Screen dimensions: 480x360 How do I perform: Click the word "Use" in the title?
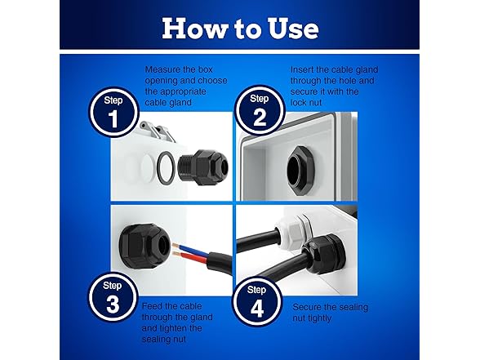pos(293,28)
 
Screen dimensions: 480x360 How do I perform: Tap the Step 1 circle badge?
pos(113,112)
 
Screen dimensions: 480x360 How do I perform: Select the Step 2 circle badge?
pos(260,109)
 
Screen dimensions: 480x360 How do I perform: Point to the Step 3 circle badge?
pos(113,296)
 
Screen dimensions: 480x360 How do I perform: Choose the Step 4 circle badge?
pos(257,301)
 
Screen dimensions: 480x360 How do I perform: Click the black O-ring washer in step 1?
pos(167,167)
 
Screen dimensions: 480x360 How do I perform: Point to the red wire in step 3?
pos(189,256)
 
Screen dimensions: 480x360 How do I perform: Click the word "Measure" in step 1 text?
pos(164,69)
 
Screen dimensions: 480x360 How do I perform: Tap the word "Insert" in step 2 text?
pos(302,69)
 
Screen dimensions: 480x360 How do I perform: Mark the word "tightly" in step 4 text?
pos(320,318)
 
